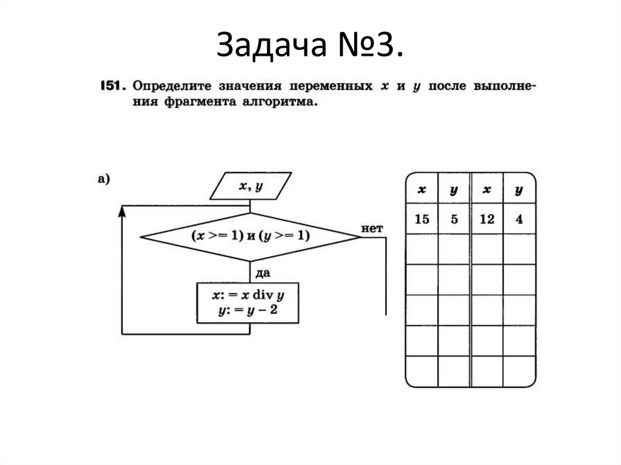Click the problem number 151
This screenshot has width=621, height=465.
(x=111, y=86)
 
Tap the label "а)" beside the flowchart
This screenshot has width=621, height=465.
(x=102, y=179)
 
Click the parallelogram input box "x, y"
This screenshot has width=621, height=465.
(x=250, y=186)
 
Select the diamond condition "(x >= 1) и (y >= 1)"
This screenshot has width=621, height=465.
(x=250, y=236)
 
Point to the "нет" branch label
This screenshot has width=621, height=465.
(x=372, y=228)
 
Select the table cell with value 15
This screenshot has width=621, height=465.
(x=421, y=219)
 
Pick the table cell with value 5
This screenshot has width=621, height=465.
(x=454, y=219)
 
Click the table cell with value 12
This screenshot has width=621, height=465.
(x=486, y=219)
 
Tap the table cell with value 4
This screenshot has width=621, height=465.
(x=519, y=219)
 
